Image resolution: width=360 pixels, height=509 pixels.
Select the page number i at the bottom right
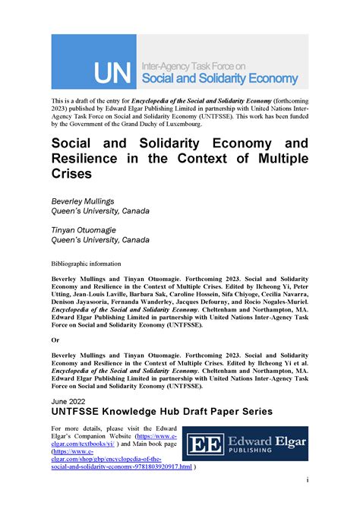[x=307, y=479]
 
